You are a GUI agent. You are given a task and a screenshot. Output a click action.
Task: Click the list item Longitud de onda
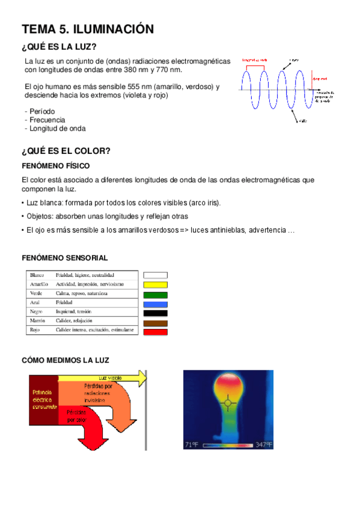[x=55, y=128]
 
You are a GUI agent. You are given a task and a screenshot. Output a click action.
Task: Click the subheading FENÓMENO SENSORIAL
[x=64, y=257]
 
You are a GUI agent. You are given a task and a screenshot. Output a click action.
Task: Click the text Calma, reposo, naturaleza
[x=82, y=293]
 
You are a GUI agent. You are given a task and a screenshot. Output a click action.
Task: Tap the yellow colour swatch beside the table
[x=155, y=284]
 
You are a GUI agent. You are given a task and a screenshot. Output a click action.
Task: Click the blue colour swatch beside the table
[x=155, y=303]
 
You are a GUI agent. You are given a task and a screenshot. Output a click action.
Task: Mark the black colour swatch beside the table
[x=155, y=313]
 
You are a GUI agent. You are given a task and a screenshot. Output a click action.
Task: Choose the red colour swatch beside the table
[x=155, y=331]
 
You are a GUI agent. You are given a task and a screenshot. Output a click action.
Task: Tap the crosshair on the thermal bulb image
[x=228, y=401]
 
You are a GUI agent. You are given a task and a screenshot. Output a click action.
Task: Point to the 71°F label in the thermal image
[x=192, y=445]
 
